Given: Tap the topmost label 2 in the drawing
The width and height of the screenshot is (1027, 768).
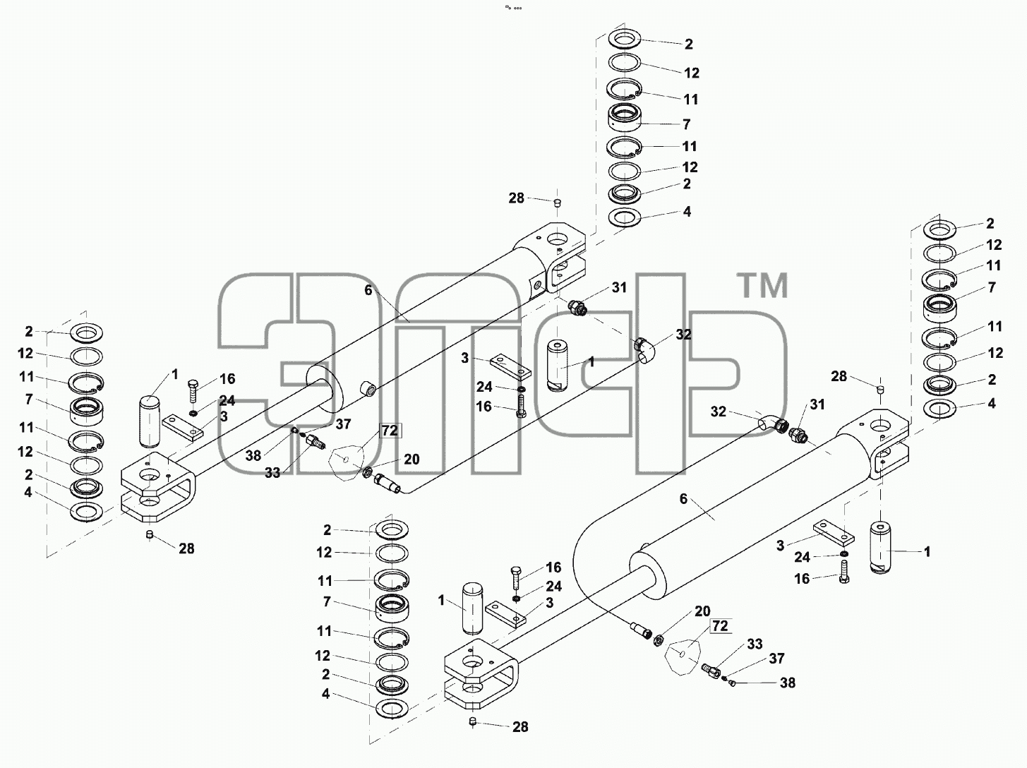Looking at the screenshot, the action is click(x=688, y=44).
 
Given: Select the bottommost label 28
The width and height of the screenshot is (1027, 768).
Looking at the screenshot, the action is click(x=519, y=727).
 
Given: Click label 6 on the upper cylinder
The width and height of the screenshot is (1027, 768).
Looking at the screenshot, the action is click(x=368, y=290).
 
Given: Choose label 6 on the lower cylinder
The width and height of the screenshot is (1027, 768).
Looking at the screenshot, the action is click(x=683, y=499).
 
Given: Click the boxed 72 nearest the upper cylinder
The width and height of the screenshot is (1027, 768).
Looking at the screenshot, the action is click(x=390, y=431).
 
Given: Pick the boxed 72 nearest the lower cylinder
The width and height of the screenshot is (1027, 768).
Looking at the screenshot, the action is click(x=720, y=626).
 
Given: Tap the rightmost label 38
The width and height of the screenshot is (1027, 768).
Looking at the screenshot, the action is click(x=788, y=683).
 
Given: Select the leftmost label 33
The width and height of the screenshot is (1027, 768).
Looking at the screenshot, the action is click(x=272, y=473).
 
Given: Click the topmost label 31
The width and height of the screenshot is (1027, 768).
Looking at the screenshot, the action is click(x=619, y=288).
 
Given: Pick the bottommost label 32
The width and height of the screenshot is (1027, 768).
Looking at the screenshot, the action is click(x=719, y=412).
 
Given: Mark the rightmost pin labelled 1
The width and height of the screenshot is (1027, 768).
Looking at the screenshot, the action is click(x=879, y=547).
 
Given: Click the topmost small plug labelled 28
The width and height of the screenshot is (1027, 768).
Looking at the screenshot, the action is click(x=557, y=203).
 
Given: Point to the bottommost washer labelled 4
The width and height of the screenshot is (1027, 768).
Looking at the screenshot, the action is click(x=392, y=709).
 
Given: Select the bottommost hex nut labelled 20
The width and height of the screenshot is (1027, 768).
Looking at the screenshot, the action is click(x=657, y=639).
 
